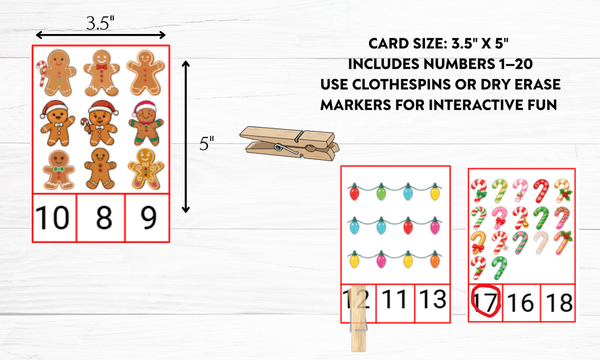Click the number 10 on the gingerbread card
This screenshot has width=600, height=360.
[52, 217]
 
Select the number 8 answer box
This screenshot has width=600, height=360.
[101, 218]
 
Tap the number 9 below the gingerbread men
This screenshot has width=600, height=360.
[149, 217]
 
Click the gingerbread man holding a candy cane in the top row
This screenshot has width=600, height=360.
[56, 73]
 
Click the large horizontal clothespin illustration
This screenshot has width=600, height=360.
[290, 143]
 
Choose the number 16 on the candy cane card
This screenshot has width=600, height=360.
[521, 303]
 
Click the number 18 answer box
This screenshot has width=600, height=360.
[558, 303]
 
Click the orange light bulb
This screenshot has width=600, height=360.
[435, 260]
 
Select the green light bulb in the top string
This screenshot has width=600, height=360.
[381, 191]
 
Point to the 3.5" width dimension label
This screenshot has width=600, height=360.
[100, 23]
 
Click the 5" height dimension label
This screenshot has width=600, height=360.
[207, 143]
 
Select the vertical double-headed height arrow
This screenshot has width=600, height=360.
[186, 137]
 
